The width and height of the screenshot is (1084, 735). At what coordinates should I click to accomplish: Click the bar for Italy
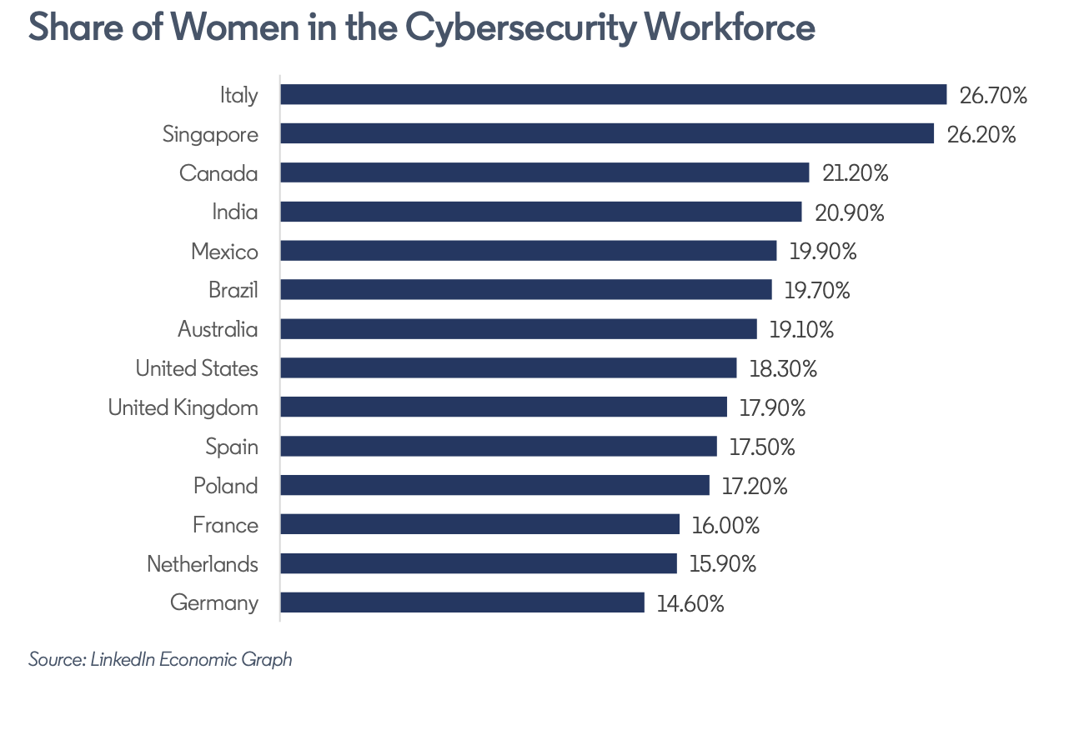tap(613, 94)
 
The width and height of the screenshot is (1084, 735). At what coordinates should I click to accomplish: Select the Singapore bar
tap(606, 133)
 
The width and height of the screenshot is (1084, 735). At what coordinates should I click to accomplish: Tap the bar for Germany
tap(462, 602)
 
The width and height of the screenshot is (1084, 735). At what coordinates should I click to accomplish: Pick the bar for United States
tap(508, 368)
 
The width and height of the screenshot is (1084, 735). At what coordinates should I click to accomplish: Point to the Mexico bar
tap(528, 251)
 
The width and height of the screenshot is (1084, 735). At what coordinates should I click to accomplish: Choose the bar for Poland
tap(494, 485)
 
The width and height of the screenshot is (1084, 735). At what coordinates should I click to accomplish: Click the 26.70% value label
tap(992, 95)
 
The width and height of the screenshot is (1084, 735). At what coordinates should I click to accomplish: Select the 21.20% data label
tap(855, 173)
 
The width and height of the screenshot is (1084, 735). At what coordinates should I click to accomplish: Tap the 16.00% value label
tap(725, 525)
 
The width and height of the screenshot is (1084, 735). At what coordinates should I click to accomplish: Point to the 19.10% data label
tap(801, 329)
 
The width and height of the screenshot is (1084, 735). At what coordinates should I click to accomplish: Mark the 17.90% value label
tap(772, 407)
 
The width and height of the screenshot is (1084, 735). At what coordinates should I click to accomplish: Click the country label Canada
tap(218, 173)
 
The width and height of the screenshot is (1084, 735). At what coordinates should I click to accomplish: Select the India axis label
tap(234, 212)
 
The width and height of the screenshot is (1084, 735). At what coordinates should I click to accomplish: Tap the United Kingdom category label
tap(183, 407)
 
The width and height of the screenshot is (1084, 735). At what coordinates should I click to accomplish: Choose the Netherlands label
tap(202, 564)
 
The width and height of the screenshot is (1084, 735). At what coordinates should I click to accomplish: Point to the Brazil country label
tap(233, 290)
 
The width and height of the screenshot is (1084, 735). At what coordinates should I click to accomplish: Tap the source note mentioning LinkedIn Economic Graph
tap(160, 659)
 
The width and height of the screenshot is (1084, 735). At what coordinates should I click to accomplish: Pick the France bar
tap(479, 524)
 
